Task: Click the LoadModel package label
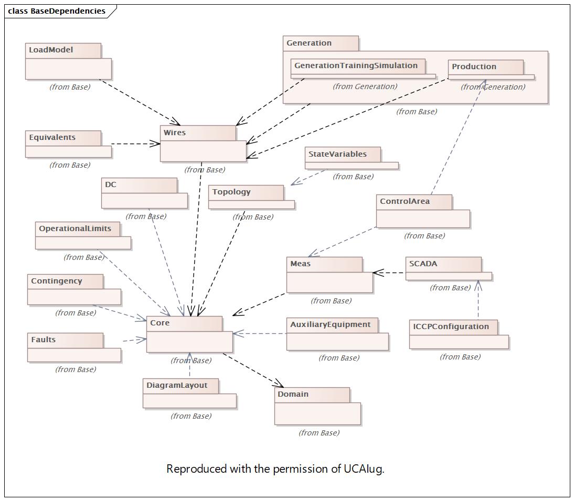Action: point(51,50)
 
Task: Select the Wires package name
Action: point(175,133)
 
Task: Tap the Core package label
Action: point(160,323)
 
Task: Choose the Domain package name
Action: point(293,394)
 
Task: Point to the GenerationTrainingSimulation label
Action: point(356,66)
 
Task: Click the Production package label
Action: point(474,67)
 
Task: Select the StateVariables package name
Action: point(337,154)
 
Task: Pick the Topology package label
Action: point(231,192)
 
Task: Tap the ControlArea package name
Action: point(405,201)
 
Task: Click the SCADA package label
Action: point(423,264)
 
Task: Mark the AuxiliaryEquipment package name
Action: point(330,324)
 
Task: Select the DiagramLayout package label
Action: point(177,385)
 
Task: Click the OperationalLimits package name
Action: point(75,228)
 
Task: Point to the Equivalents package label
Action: point(52,137)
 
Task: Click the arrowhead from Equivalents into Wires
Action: point(156,144)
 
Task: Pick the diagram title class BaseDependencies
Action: point(57,11)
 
